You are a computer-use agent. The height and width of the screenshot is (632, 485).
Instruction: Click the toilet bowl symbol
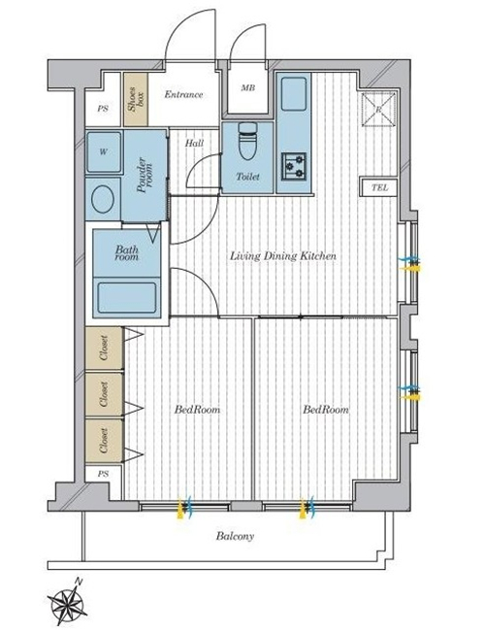point(246,141)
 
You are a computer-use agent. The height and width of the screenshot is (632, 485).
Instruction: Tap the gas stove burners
point(294,166)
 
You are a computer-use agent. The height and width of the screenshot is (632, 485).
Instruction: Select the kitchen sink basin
point(294,94)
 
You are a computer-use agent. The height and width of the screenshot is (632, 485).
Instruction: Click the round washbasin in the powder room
point(102,199)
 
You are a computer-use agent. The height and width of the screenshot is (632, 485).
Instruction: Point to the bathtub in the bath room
point(127,297)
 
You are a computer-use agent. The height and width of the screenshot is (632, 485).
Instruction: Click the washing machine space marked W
point(104,151)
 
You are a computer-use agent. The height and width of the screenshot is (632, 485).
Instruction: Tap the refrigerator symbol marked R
point(378,110)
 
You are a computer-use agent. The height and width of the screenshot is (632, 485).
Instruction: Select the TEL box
point(378,187)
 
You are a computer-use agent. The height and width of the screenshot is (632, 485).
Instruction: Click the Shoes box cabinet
point(136,99)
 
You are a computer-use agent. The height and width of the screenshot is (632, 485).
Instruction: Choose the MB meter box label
point(247,87)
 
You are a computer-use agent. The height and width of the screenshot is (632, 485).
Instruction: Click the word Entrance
point(183,95)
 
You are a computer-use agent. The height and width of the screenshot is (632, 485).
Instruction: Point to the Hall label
point(194,143)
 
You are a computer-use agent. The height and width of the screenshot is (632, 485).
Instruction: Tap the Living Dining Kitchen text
point(283,256)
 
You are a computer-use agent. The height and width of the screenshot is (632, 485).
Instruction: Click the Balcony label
point(236,536)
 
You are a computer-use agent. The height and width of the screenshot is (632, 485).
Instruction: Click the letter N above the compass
point(79,582)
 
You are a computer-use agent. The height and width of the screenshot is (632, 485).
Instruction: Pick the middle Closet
point(104,394)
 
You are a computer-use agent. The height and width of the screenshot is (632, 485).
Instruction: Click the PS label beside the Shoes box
point(103,109)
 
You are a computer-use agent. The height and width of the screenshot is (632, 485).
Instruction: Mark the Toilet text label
point(247,176)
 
